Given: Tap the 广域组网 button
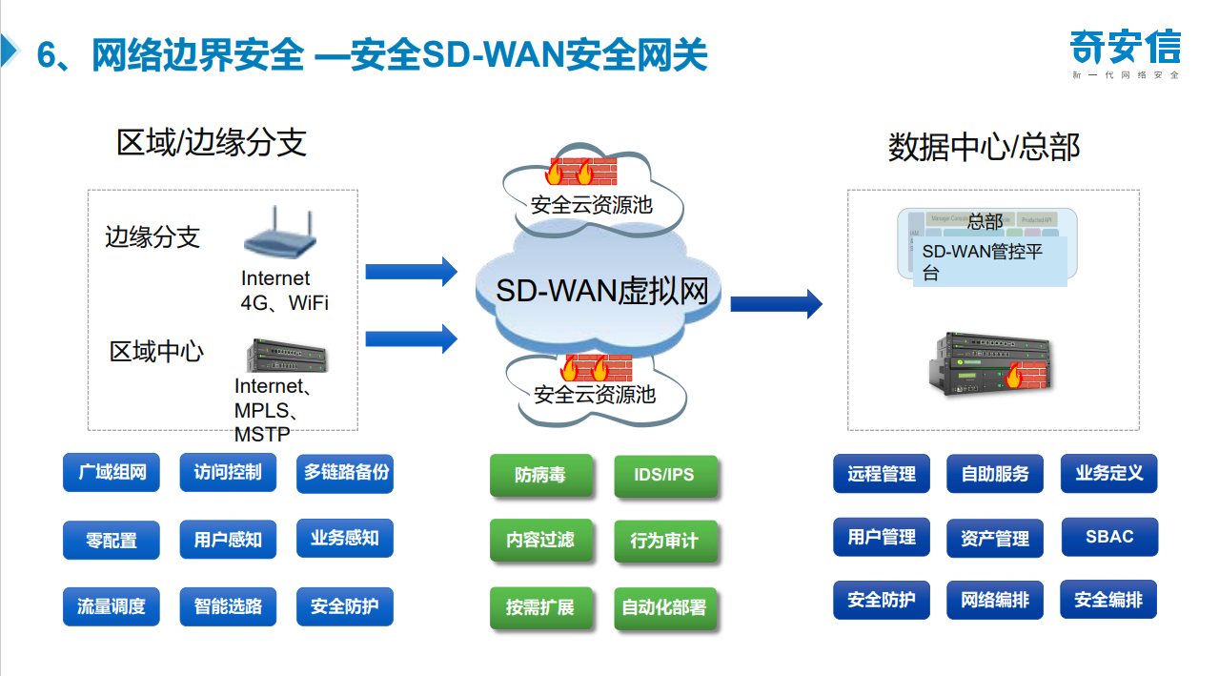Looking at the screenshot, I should click(x=112, y=473).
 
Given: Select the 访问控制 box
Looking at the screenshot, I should click(x=228, y=473).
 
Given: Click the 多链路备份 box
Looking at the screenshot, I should click(x=345, y=473).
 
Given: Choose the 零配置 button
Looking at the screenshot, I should click(x=112, y=540).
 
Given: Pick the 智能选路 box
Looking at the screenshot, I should click(x=228, y=606).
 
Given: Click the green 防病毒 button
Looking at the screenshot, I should click(x=540, y=475).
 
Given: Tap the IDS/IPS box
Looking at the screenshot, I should click(x=664, y=475).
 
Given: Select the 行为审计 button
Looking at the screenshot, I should click(x=664, y=541).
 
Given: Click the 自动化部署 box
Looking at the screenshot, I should click(x=664, y=607).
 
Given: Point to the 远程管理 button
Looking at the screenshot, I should click(x=882, y=474).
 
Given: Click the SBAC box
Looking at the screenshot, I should click(x=1109, y=537).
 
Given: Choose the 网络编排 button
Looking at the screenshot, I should click(x=995, y=601).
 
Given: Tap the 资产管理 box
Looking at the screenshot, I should click(x=995, y=539).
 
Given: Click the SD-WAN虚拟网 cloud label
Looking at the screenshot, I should click(x=602, y=291).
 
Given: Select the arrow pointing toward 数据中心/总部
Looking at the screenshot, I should click(x=776, y=303).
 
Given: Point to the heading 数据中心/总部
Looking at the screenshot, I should click(x=984, y=148).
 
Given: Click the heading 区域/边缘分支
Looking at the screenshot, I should click(x=212, y=142).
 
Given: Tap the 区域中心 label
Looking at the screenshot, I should click(x=156, y=352).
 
